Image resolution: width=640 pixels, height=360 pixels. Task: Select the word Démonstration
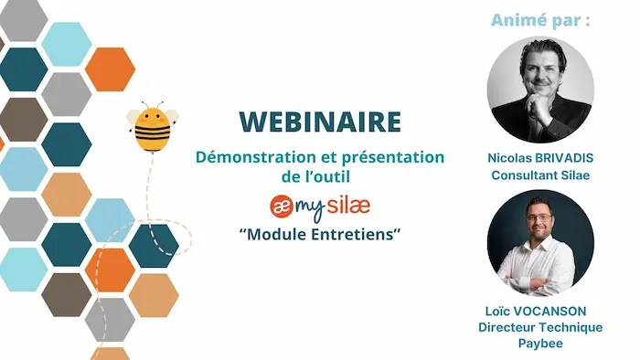pos(251,156)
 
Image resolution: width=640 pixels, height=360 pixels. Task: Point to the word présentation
pos(394,156)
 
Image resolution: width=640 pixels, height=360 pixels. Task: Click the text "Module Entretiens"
pos(320,234)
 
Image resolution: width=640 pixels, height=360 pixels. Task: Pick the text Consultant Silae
pos(539,174)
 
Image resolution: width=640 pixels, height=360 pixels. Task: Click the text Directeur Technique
pos(539,327)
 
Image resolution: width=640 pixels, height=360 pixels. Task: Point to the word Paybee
pos(539,343)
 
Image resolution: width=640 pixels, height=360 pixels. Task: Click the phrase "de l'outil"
pos(320,175)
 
